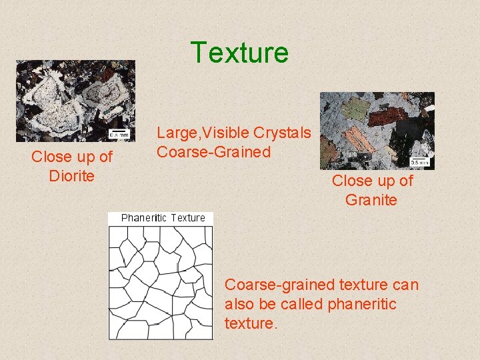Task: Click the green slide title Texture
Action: (x=239, y=53)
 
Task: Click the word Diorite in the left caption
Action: (x=72, y=176)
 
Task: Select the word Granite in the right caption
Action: (x=371, y=199)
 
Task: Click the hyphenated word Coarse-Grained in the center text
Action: (x=213, y=152)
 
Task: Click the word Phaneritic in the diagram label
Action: (x=144, y=218)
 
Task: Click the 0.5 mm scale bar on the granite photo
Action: (x=419, y=161)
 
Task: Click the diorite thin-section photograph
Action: (x=75, y=100)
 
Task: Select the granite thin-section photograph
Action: (x=377, y=130)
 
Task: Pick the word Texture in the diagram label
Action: (x=188, y=218)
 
